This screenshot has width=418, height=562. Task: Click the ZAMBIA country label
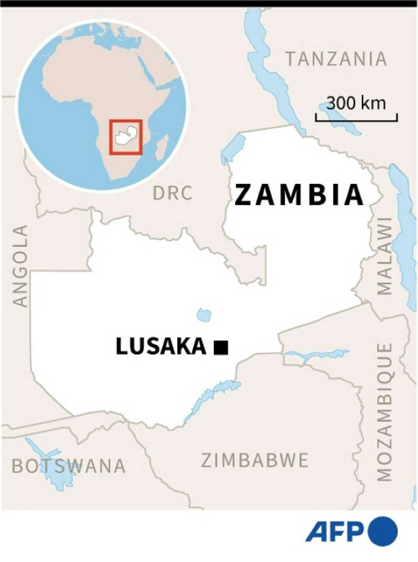click(x=299, y=195)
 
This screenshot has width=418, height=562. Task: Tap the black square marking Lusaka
click(x=221, y=347)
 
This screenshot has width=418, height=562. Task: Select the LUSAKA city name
click(x=161, y=346)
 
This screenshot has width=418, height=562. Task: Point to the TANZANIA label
click(x=336, y=59)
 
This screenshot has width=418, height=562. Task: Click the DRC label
click(x=173, y=193)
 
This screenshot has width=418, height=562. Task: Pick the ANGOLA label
click(x=20, y=266)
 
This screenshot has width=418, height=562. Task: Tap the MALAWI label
click(x=384, y=256)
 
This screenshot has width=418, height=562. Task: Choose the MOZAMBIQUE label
click(x=384, y=412)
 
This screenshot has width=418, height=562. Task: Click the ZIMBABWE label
click(x=255, y=460)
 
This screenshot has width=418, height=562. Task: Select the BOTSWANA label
click(x=69, y=466)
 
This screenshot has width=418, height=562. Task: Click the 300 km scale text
click(x=356, y=103)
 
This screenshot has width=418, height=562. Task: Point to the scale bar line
click(x=356, y=120)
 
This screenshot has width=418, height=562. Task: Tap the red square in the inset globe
click(x=126, y=137)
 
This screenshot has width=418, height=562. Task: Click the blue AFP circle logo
click(x=382, y=531)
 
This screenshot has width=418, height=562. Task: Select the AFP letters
click(x=334, y=531)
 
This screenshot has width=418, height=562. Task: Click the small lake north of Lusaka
click(x=204, y=315)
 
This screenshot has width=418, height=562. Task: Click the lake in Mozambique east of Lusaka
click(x=317, y=355)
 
